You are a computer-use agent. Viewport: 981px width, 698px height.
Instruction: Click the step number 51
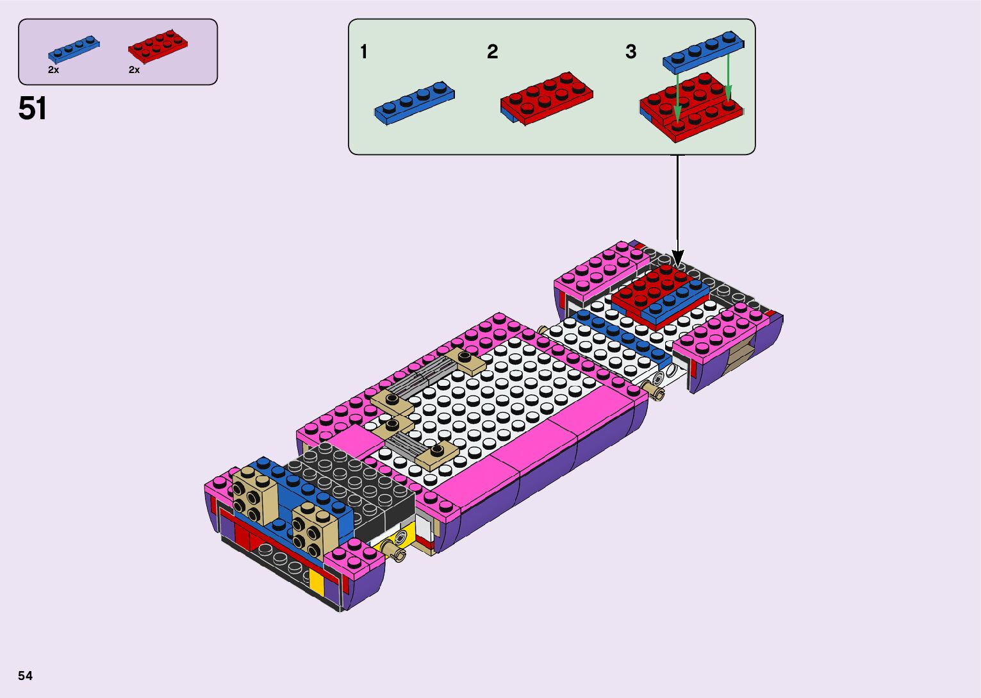click(33, 108)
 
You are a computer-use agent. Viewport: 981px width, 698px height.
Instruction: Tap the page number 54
click(26, 676)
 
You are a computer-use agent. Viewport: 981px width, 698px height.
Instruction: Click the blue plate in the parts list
click(74, 49)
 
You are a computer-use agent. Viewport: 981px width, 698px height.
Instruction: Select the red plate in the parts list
click(158, 46)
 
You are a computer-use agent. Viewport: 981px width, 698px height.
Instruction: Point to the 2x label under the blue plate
click(53, 70)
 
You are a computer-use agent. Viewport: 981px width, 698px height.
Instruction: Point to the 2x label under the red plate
click(134, 70)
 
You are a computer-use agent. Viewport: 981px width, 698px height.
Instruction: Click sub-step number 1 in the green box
click(363, 52)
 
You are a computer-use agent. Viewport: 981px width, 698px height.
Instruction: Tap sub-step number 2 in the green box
click(492, 52)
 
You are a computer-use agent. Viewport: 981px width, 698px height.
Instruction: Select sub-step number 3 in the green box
click(631, 52)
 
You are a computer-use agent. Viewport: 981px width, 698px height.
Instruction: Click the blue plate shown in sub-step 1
click(415, 103)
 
